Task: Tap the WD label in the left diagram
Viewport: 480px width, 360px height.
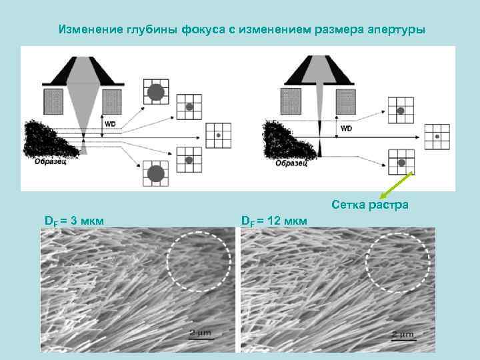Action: pyautogui.click(x=109, y=123)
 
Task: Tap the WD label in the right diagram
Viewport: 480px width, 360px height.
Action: pyautogui.click(x=346, y=127)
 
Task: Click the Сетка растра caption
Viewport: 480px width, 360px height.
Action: pyautogui.click(x=369, y=205)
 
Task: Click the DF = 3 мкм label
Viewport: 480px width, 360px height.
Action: pyautogui.click(x=73, y=220)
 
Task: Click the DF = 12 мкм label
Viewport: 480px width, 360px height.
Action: pyautogui.click(x=274, y=220)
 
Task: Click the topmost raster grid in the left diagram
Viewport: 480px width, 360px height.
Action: pyautogui.click(x=155, y=92)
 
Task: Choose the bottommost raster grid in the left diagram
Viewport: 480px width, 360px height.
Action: pyautogui.click(x=155, y=175)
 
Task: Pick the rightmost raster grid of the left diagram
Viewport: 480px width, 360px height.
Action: pyautogui.click(x=218, y=135)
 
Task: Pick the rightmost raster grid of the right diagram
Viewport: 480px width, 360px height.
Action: pyautogui.click(x=437, y=137)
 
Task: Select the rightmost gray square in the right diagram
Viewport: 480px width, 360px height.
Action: pyautogui.click(x=345, y=101)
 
